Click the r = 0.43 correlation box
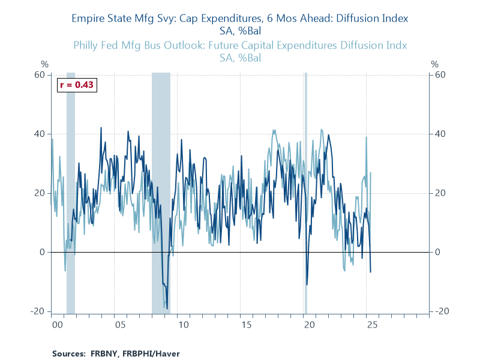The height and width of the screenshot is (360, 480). click(x=77, y=85)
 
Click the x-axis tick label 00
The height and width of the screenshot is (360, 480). click(x=57, y=325)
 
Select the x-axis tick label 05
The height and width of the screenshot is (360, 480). click(x=120, y=325)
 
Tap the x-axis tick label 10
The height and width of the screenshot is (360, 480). click(x=183, y=325)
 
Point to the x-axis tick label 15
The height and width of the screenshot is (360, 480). click(x=246, y=325)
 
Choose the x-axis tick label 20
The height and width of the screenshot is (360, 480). click(x=309, y=325)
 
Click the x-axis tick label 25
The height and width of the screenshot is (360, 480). click(x=372, y=325)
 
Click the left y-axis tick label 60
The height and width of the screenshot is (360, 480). click(x=40, y=75)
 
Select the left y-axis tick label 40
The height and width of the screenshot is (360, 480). click(x=40, y=134)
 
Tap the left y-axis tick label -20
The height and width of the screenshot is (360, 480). click(x=39, y=311)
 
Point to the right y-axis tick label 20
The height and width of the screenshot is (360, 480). click(x=439, y=193)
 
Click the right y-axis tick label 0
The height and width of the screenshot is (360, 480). click(x=437, y=252)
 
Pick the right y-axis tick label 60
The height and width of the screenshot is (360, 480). click(x=439, y=75)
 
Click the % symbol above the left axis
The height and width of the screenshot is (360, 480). click(x=44, y=64)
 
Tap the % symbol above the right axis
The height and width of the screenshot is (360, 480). click(x=436, y=64)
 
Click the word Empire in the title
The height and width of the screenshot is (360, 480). click(x=88, y=18)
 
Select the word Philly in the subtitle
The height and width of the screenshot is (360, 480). click(x=87, y=45)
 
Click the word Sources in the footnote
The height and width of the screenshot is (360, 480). click(x=68, y=353)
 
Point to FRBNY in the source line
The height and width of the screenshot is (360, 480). click(x=104, y=353)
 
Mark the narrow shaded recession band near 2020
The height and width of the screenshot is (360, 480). click(x=306, y=193)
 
